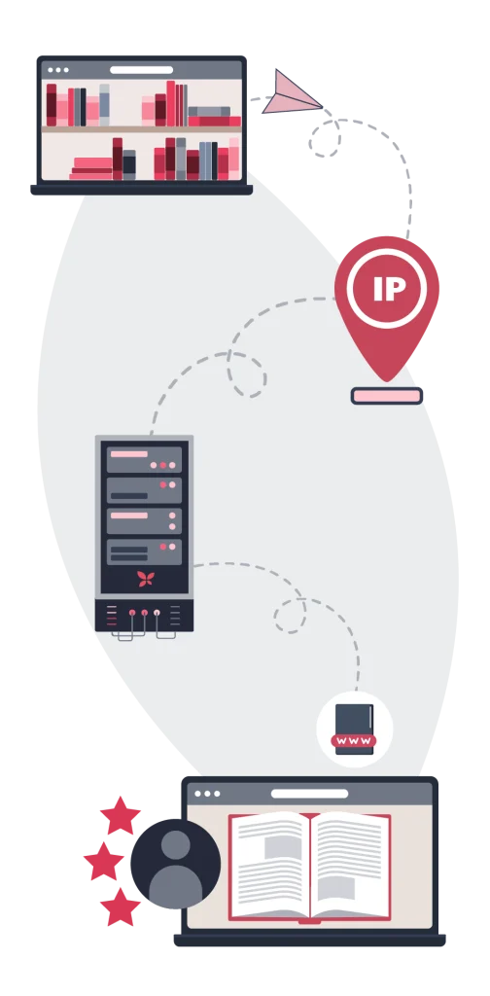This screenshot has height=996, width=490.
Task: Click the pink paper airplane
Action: point(290,95)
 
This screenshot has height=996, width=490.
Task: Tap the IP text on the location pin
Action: point(388,289)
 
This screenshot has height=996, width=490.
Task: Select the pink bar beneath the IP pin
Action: point(387,397)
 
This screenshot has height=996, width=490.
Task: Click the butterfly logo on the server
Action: point(146,579)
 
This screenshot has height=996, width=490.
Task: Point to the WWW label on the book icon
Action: point(354,740)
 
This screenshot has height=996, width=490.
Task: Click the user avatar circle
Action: point(176,864)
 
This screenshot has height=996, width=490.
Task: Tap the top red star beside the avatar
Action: point(120,816)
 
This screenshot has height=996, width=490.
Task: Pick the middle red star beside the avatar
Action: point(103,862)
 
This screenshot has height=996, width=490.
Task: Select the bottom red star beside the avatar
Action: point(120,907)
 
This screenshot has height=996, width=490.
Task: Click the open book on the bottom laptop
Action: point(310,867)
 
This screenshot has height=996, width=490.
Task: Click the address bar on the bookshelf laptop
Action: point(142,70)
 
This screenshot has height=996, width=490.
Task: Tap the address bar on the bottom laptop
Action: point(309,794)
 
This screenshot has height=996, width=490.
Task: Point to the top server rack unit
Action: point(144,460)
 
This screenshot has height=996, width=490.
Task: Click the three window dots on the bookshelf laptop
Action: point(57,70)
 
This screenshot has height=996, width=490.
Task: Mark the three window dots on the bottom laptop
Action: point(207,794)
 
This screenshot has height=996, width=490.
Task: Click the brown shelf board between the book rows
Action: point(142,129)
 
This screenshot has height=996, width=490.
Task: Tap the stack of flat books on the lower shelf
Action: point(91,169)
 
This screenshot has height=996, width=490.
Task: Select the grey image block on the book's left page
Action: point(282,847)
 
